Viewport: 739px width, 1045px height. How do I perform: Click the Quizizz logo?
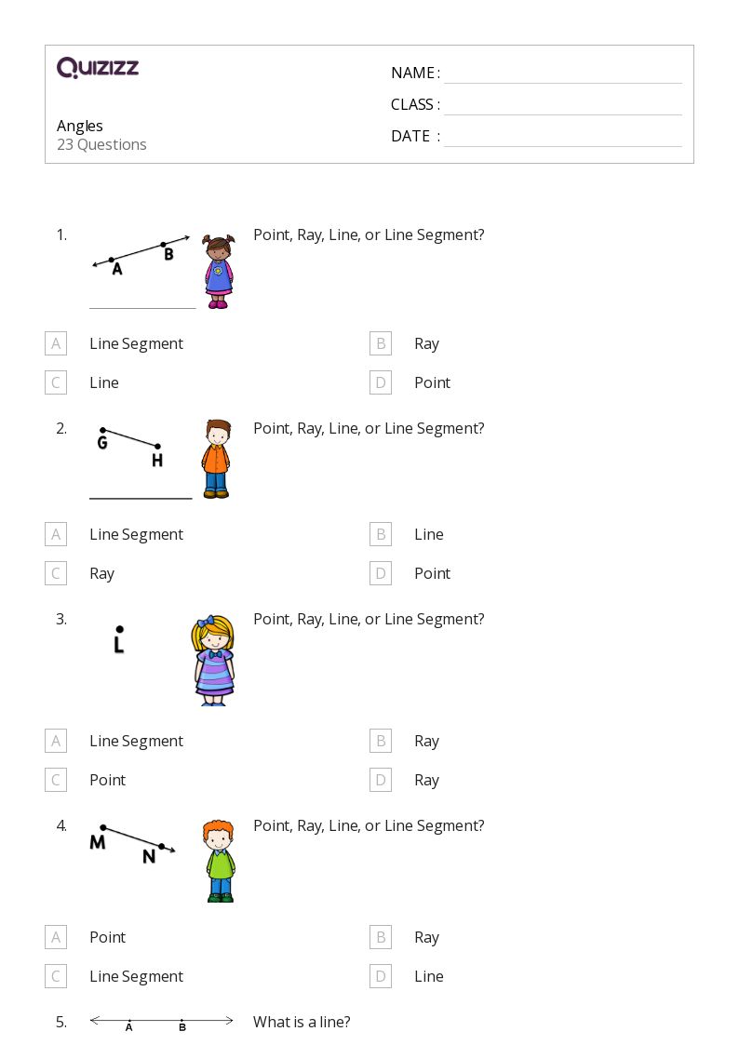click(98, 68)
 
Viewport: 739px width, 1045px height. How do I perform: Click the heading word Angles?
click(80, 126)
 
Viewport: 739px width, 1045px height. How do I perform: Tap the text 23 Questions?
click(101, 144)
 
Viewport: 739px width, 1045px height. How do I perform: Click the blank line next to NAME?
click(562, 74)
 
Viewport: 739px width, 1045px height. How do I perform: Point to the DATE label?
click(410, 136)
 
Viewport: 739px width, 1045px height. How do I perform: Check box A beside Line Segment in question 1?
click(56, 343)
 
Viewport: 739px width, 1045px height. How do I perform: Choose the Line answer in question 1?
click(104, 382)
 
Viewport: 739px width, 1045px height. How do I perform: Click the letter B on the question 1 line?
click(168, 254)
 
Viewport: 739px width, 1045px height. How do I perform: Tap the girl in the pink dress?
click(219, 272)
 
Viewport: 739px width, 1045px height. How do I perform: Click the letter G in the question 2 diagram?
click(102, 443)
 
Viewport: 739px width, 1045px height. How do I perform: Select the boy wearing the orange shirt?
click(216, 459)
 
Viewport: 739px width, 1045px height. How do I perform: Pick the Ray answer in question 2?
click(101, 573)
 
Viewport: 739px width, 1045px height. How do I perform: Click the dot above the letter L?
click(119, 629)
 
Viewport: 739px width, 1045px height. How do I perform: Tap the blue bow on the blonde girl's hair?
click(205, 621)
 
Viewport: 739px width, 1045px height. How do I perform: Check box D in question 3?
click(381, 780)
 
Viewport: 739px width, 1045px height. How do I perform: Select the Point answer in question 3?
click(107, 780)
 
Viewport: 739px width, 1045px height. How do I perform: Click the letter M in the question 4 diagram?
click(98, 843)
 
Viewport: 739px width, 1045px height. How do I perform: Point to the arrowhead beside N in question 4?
click(171, 850)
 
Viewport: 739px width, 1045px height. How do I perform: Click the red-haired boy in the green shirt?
click(219, 861)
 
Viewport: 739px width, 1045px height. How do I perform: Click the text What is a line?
click(302, 1022)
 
